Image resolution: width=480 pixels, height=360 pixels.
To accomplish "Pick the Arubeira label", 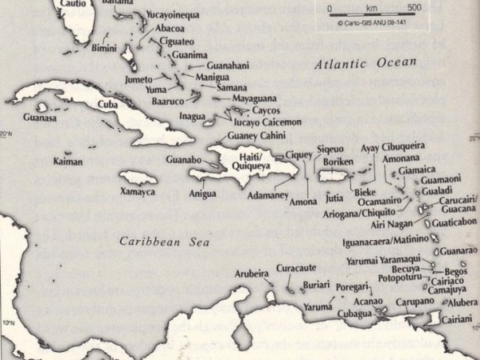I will tap(251, 273).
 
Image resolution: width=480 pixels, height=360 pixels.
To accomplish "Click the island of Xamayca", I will tap(140, 178).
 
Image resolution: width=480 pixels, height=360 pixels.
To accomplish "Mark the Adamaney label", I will tap(267, 194).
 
